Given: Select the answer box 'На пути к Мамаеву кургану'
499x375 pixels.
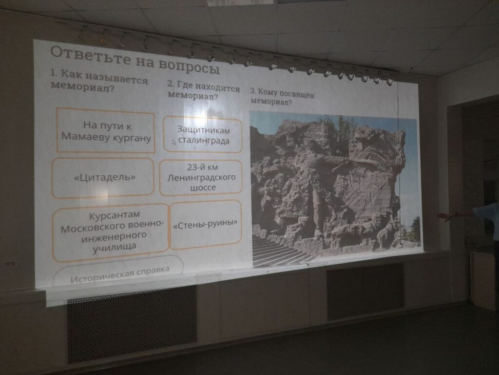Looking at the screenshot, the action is click(x=105, y=130).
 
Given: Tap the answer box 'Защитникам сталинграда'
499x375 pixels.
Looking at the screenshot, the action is click(x=203, y=135).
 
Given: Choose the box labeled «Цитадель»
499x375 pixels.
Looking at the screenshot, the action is click(x=103, y=178).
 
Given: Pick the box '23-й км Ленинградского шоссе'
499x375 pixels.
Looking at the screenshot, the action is click(x=201, y=178).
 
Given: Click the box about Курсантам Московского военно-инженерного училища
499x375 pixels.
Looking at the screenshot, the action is click(x=111, y=232).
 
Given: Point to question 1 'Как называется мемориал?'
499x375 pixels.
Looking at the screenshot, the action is click(x=99, y=82).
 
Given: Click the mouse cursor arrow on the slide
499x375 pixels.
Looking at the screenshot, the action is click(x=174, y=142).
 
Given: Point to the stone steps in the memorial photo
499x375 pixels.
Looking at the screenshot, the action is click(x=280, y=250).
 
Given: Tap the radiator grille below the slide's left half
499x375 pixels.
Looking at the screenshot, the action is click(x=132, y=324).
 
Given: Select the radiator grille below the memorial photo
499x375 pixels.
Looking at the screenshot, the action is click(x=365, y=291).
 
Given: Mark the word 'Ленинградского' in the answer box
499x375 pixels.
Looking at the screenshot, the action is click(x=201, y=177).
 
